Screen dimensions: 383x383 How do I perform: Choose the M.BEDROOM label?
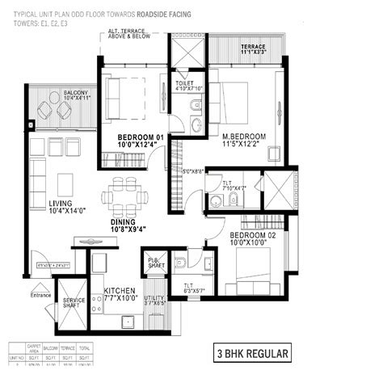pos(245,137)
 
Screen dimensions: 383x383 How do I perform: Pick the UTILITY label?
pos(154,298)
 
